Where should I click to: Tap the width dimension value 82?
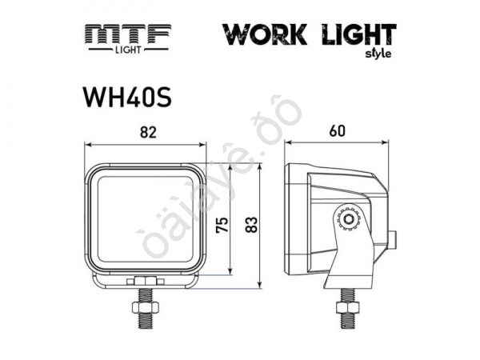(146, 133)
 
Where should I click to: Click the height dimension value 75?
(223, 226)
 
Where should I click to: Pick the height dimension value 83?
(250, 226)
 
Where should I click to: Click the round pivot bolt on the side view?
(349, 218)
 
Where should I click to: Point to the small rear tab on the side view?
(394, 238)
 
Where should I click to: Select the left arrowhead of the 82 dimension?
(88, 145)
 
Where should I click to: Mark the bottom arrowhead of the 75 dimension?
(231, 271)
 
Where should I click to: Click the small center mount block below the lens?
(145, 281)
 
